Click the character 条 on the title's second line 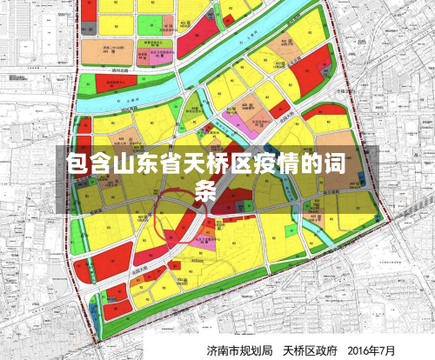coord(206,190)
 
